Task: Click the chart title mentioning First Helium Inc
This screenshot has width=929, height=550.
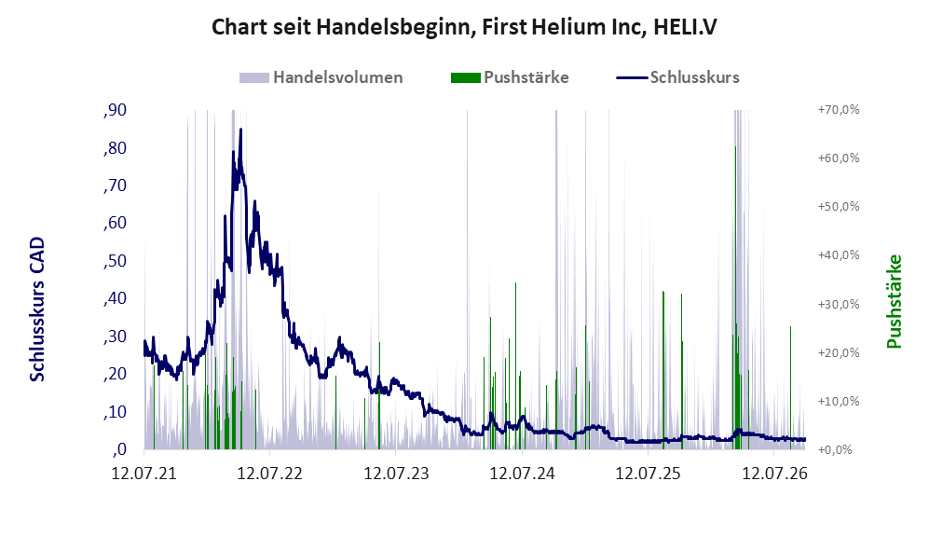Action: pyautogui.click(x=464, y=27)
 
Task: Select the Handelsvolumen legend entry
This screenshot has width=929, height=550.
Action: pyautogui.click(x=321, y=77)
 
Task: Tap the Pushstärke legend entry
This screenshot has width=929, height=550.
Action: pyautogui.click(x=510, y=77)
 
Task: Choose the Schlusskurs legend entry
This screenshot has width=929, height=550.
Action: pyautogui.click(x=677, y=77)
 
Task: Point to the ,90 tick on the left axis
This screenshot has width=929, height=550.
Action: pyautogui.click(x=115, y=110)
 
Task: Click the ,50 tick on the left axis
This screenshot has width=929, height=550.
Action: pyautogui.click(x=115, y=261)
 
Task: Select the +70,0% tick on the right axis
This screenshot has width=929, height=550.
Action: pyautogui.click(x=839, y=110)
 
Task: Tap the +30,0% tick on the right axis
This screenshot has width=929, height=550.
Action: pyautogui.click(x=839, y=304)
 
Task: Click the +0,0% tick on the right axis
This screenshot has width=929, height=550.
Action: pyautogui.click(x=835, y=450)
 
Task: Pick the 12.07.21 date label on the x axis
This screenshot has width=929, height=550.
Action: pyautogui.click(x=144, y=474)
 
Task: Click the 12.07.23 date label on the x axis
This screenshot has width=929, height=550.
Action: pyautogui.click(x=396, y=474)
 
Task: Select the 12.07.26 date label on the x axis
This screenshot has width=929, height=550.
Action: pyautogui.click(x=774, y=474)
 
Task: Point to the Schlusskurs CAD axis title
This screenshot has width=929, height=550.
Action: pyautogui.click(x=37, y=309)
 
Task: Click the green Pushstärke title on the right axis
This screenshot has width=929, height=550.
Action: pyautogui.click(x=894, y=302)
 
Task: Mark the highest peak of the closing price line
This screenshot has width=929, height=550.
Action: pyautogui.click(x=240, y=130)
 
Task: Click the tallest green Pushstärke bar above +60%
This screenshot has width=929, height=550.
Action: pyautogui.click(x=735, y=297)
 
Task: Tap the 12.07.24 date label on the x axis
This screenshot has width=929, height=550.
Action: pyautogui.click(x=522, y=474)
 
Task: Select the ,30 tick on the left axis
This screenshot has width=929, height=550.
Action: pyautogui.click(x=115, y=336)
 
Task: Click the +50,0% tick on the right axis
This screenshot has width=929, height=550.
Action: pyautogui.click(x=839, y=207)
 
